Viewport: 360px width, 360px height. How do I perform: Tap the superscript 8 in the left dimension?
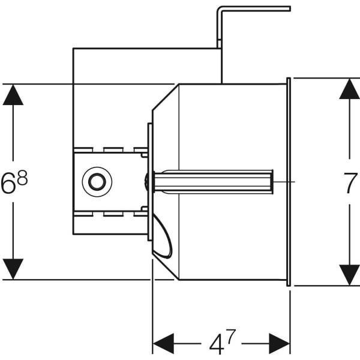[23, 178]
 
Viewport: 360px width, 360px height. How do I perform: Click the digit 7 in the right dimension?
[350, 184]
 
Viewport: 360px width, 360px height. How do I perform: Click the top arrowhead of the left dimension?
[13, 95]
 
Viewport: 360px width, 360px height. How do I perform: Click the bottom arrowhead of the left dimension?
[13, 268]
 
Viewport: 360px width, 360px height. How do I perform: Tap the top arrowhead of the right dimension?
[349, 89]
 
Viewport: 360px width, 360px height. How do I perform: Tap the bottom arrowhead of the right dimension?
[349, 275]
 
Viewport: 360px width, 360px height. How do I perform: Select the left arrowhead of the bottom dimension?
[163, 344]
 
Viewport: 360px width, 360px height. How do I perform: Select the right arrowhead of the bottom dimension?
[280, 344]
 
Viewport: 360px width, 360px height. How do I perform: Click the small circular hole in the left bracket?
[97, 181]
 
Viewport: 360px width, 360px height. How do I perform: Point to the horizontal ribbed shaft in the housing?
[213, 181]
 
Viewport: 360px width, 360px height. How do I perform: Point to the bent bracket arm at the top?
[252, 9]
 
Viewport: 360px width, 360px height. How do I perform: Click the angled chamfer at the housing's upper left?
[165, 96]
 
